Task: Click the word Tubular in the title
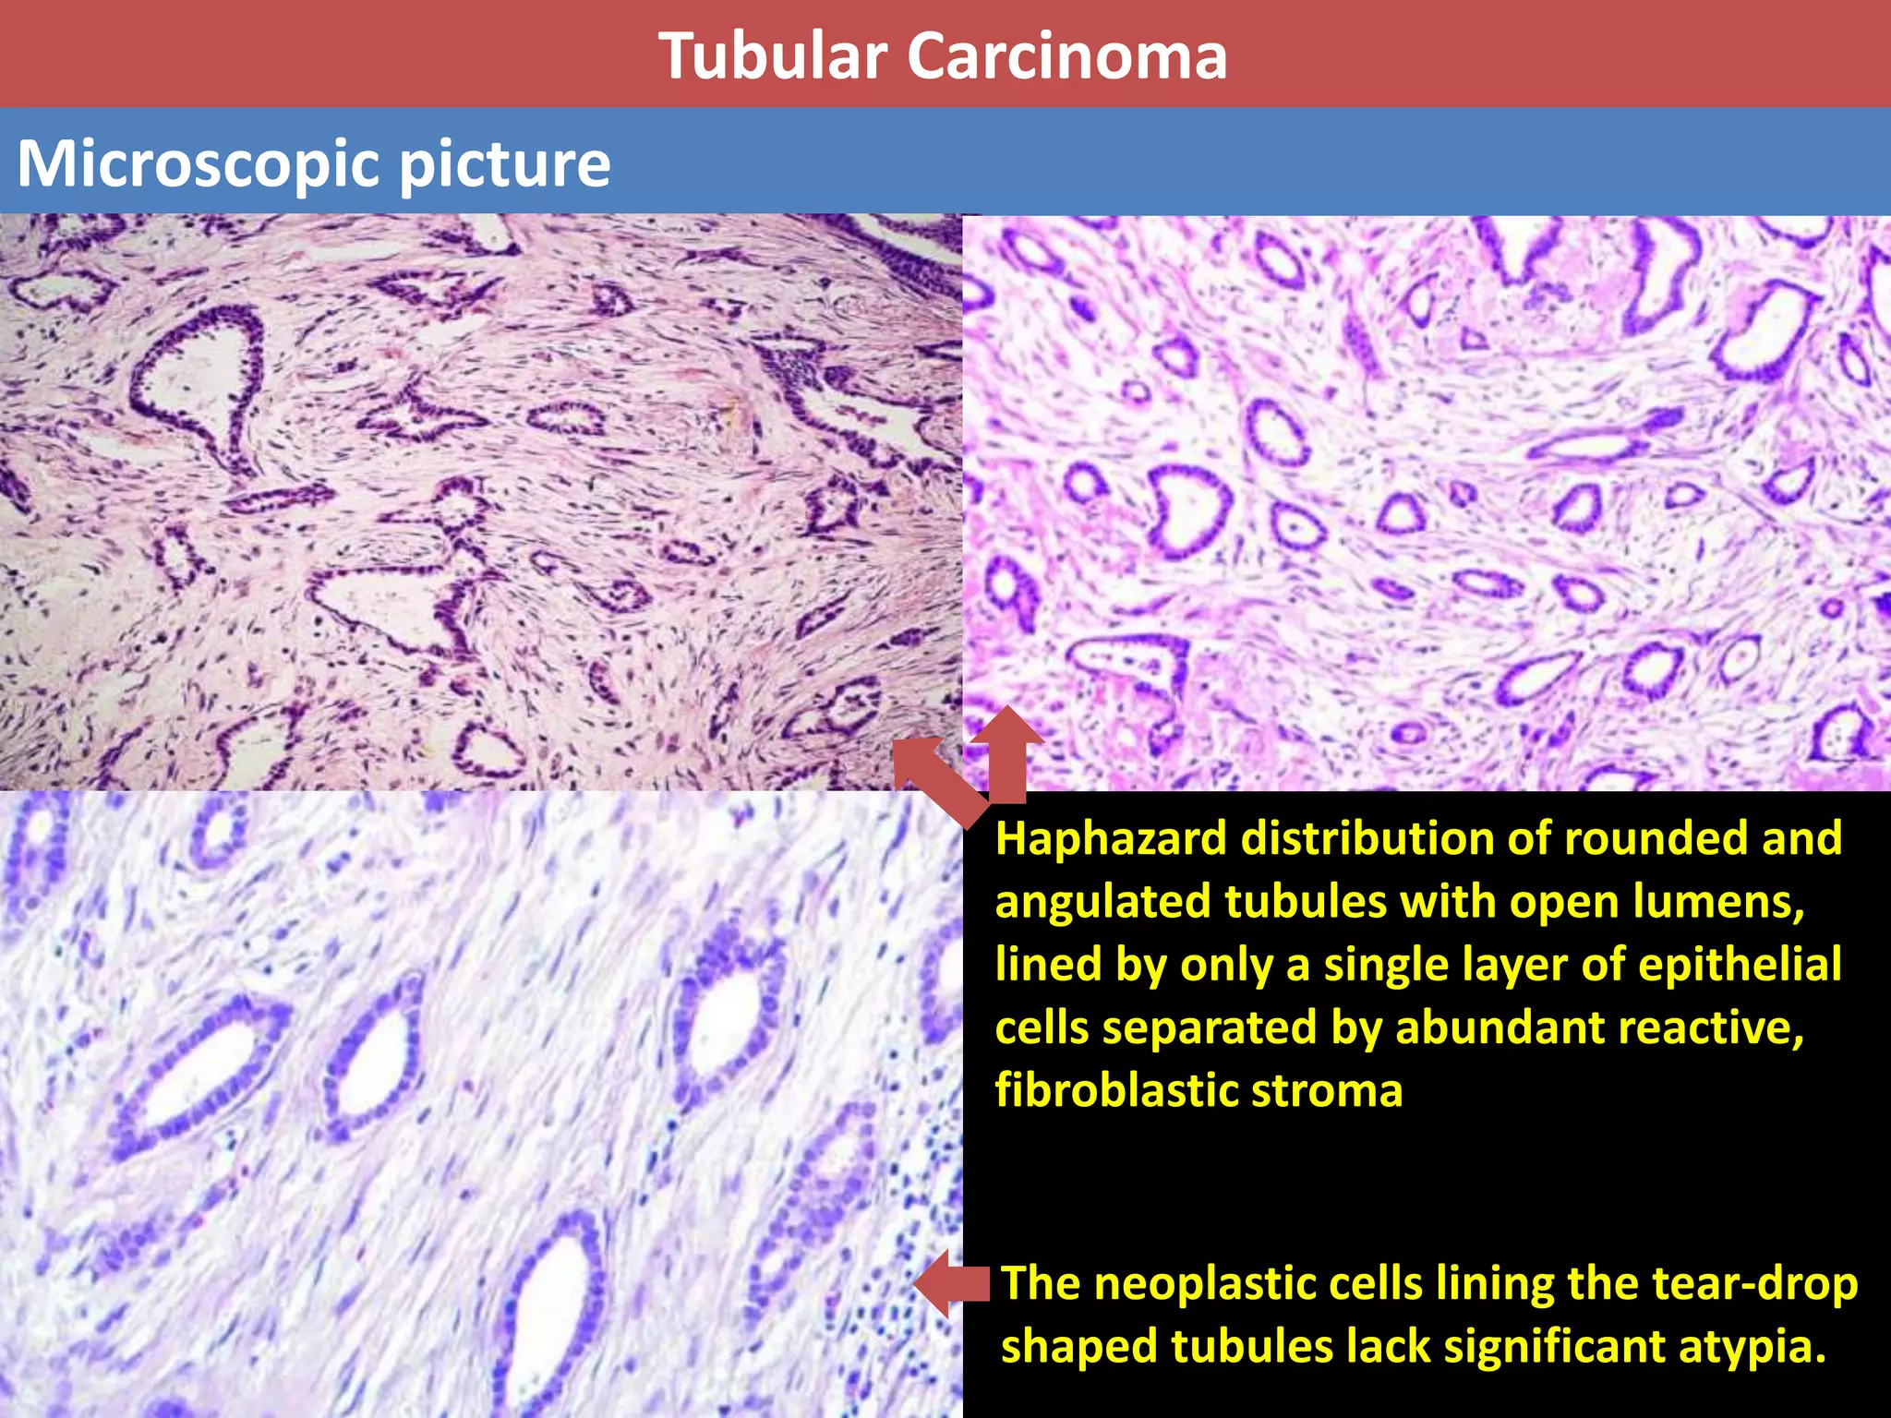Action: point(772,57)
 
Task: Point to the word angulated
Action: point(1102,903)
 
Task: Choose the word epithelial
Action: point(1740,965)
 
